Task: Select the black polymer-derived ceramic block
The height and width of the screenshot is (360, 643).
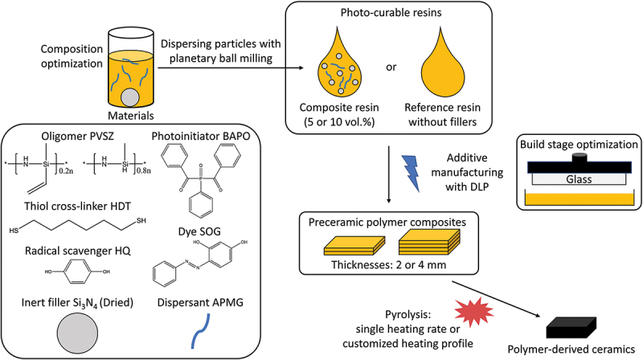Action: (571, 328)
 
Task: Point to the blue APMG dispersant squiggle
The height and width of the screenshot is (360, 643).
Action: (201, 331)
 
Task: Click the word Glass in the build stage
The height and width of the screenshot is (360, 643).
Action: (579, 179)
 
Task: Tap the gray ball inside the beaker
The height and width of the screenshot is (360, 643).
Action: (130, 97)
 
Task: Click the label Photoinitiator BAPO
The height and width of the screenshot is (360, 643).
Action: (201, 136)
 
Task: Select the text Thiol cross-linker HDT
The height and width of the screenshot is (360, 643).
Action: (77, 206)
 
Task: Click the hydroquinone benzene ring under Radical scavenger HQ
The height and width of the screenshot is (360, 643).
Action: (78, 272)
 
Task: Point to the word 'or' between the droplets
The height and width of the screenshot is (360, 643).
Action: (391, 67)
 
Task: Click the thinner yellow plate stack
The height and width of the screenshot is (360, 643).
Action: (354, 246)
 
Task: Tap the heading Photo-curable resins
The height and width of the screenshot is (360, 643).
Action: (391, 12)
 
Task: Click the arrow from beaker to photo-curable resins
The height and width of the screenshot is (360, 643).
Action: (231, 67)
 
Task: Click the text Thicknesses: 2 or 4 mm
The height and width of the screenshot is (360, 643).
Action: (389, 264)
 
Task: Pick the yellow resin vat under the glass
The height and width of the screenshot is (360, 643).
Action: (580, 198)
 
